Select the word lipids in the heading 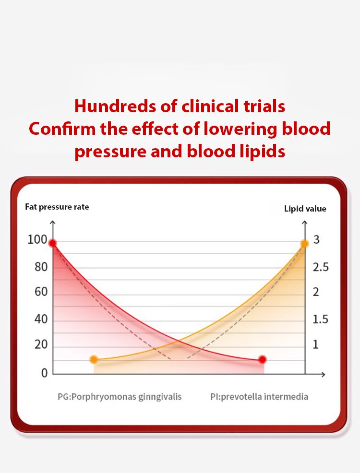coord(262,151)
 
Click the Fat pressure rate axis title coord(57,207)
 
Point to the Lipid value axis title coord(305,209)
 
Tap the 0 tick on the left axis coord(44,373)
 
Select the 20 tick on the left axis coord(41,345)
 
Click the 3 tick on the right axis coord(316,240)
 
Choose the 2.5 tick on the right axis coord(321,267)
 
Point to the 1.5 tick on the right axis coord(321,319)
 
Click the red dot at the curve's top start coord(53,244)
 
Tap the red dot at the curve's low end coord(262,359)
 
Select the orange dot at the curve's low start coord(94,359)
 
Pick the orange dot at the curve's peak coord(304,244)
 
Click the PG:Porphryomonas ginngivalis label coord(120,397)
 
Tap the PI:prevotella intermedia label coord(259,397)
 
